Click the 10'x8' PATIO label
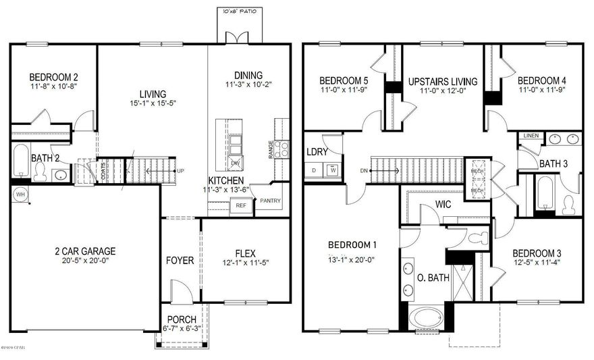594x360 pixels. click(238, 11)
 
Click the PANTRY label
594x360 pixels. click(269, 201)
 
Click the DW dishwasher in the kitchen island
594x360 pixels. click(236, 163)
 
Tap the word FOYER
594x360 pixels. click(180, 260)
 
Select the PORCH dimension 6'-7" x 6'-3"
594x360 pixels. click(181, 329)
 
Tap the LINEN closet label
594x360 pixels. click(531, 136)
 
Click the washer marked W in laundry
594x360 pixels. click(333, 170)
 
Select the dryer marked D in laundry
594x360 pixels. click(315, 170)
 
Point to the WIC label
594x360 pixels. click(443, 203)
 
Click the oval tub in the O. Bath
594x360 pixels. click(431, 319)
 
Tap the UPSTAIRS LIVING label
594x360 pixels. click(443, 82)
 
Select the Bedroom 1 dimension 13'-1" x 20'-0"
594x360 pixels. click(352, 259)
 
